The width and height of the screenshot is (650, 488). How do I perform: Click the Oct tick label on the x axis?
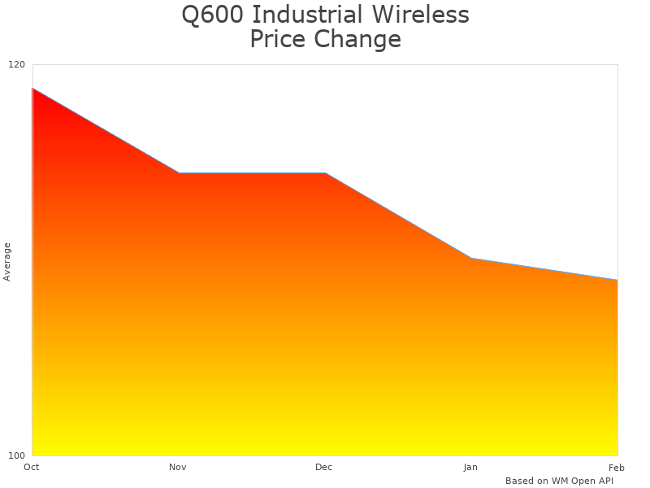coord(32,467)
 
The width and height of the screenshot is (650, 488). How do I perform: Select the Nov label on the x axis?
coord(178,467)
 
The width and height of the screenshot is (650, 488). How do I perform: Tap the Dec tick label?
coord(324,467)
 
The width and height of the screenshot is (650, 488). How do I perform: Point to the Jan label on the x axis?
coord(470,467)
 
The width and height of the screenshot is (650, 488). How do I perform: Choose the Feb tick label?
coord(617,467)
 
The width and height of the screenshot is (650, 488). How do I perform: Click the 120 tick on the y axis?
coord(17,64)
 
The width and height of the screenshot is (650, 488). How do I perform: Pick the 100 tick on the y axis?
coord(17,455)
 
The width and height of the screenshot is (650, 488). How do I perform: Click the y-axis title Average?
coord(7,262)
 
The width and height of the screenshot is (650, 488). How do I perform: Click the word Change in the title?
coord(360,39)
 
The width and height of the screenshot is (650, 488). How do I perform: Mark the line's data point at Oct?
coord(32,88)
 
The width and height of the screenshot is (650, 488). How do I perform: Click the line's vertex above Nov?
coord(179,173)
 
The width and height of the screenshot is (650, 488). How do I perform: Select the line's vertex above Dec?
coord(325,173)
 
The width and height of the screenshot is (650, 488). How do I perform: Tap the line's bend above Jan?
coord(471,258)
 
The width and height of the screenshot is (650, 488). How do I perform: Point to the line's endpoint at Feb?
coord(617,280)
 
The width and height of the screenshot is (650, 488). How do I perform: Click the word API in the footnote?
coord(604,481)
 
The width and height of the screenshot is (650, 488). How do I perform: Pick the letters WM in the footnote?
coord(560,481)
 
